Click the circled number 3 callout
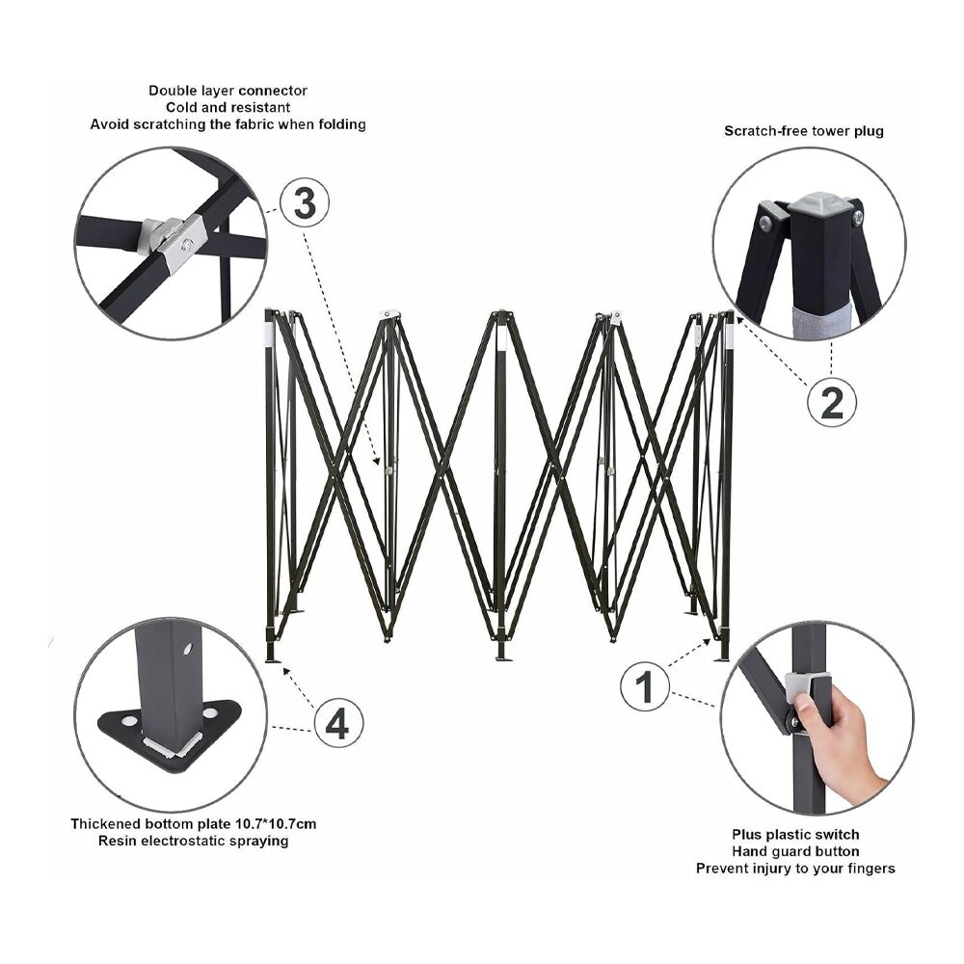click(304, 203)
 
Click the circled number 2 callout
click(831, 402)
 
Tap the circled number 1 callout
click(645, 687)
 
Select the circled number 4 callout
click(336, 722)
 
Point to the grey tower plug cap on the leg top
click(816, 205)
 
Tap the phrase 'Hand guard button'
click(795, 851)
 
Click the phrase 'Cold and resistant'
click(228, 107)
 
